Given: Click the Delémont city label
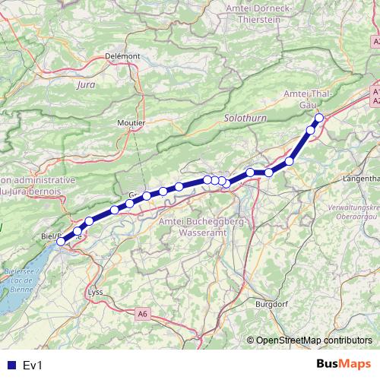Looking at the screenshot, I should pos(123,56).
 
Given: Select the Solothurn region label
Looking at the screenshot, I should pos(242,118).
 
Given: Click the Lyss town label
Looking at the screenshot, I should pos(96,292).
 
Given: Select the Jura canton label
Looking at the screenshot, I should pos(86,84).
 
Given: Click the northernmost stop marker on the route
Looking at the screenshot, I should pos(319,117).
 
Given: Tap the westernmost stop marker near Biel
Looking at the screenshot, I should pos(61,242).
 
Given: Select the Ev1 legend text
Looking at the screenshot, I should pos(33,365).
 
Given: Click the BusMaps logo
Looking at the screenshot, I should pos(344,364).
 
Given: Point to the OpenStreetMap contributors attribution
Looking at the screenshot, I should pos(314,341).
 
